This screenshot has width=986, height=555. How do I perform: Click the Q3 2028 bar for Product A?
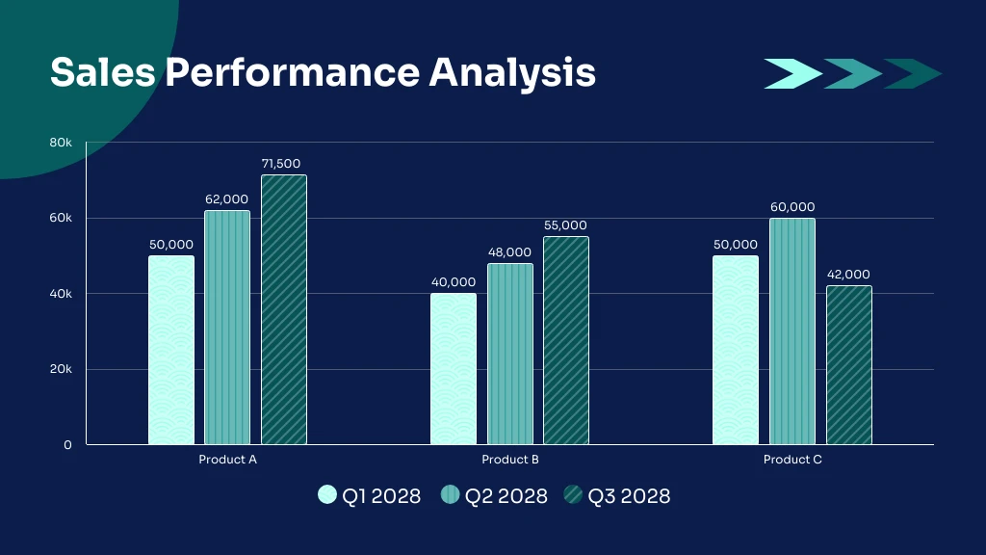tap(284, 309)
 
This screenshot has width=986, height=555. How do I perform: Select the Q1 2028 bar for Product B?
tap(454, 369)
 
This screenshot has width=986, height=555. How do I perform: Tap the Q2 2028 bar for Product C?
tap(792, 331)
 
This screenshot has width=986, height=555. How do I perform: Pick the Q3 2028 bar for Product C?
tap(849, 365)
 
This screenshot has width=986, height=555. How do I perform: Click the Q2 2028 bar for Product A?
tap(227, 328)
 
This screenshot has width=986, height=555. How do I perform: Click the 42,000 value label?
tap(848, 275)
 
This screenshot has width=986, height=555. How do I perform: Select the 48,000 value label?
tap(509, 252)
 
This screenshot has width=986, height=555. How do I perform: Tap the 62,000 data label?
tap(226, 199)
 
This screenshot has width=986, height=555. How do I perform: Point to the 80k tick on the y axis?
tap(61, 143)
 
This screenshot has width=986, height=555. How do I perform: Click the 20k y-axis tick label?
tap(61, 369)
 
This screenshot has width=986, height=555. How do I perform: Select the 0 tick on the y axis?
tap(67, 445)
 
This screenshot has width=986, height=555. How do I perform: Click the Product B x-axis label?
tap(510, 460)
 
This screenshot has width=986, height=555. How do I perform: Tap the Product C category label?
tap(792, 460)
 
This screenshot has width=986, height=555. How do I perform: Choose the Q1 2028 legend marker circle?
tap(327, 495)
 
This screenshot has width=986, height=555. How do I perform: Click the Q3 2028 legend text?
tap(629, 496)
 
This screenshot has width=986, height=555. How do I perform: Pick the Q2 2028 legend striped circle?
tap(451, 495)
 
